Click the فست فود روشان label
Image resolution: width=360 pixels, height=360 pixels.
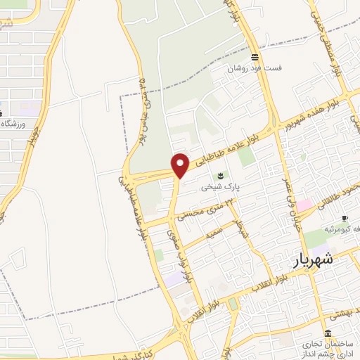pyautogui.click(x=254, y=69)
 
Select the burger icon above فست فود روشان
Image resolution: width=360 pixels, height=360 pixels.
pyautogui.click(x=255, y=57)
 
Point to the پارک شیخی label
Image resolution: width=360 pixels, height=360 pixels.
pyautogui.click(x=219, y=187)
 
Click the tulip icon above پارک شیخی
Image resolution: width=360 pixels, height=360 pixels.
pyautogui.click(x=220, y=174)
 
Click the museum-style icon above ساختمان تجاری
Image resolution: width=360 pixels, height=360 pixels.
pyautogui.click(x=328, y=333)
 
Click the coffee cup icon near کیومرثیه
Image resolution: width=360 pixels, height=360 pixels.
pyautogui.click(x=345, y=218)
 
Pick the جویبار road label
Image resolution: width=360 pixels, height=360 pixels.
pyautogui.click(x=34, y=134)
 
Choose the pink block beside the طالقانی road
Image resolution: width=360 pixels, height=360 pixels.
pyautogui.click(x=304, y=206)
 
